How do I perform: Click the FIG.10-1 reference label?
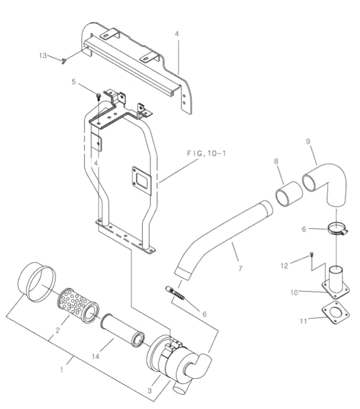(206, 153)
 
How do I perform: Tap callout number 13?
(43, 55)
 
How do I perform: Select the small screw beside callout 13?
(64, 61)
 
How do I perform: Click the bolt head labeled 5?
(99, 96)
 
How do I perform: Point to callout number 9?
(308, 141)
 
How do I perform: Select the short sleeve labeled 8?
(288, 194)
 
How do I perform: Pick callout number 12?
(284, 265)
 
